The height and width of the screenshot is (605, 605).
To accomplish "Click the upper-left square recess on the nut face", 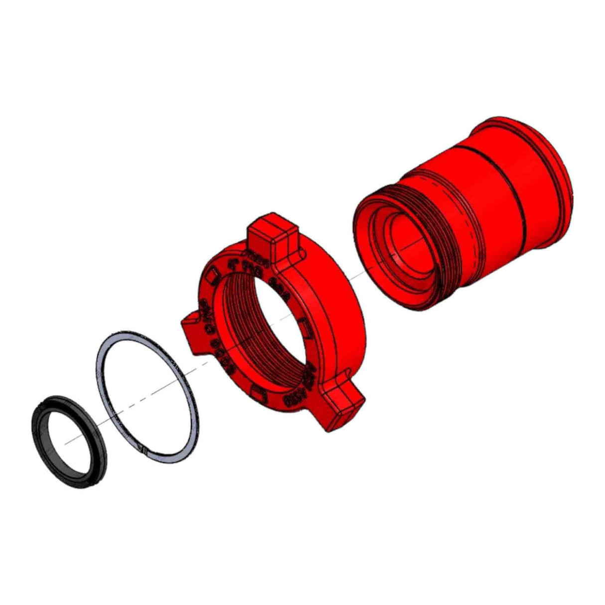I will click(213, 273).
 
